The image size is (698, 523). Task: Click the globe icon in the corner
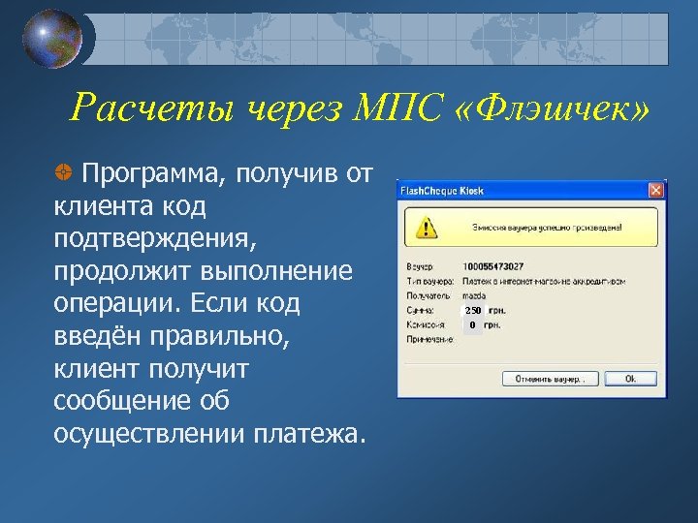click(53, 39)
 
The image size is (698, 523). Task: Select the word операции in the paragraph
click(111, 303)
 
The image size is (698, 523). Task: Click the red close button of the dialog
click(656, 190)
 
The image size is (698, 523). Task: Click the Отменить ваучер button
click(548, 379)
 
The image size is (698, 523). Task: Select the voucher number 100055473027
click(493, 265)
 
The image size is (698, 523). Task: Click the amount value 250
click(472, 310)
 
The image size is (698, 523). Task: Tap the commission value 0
click(472, 325)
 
